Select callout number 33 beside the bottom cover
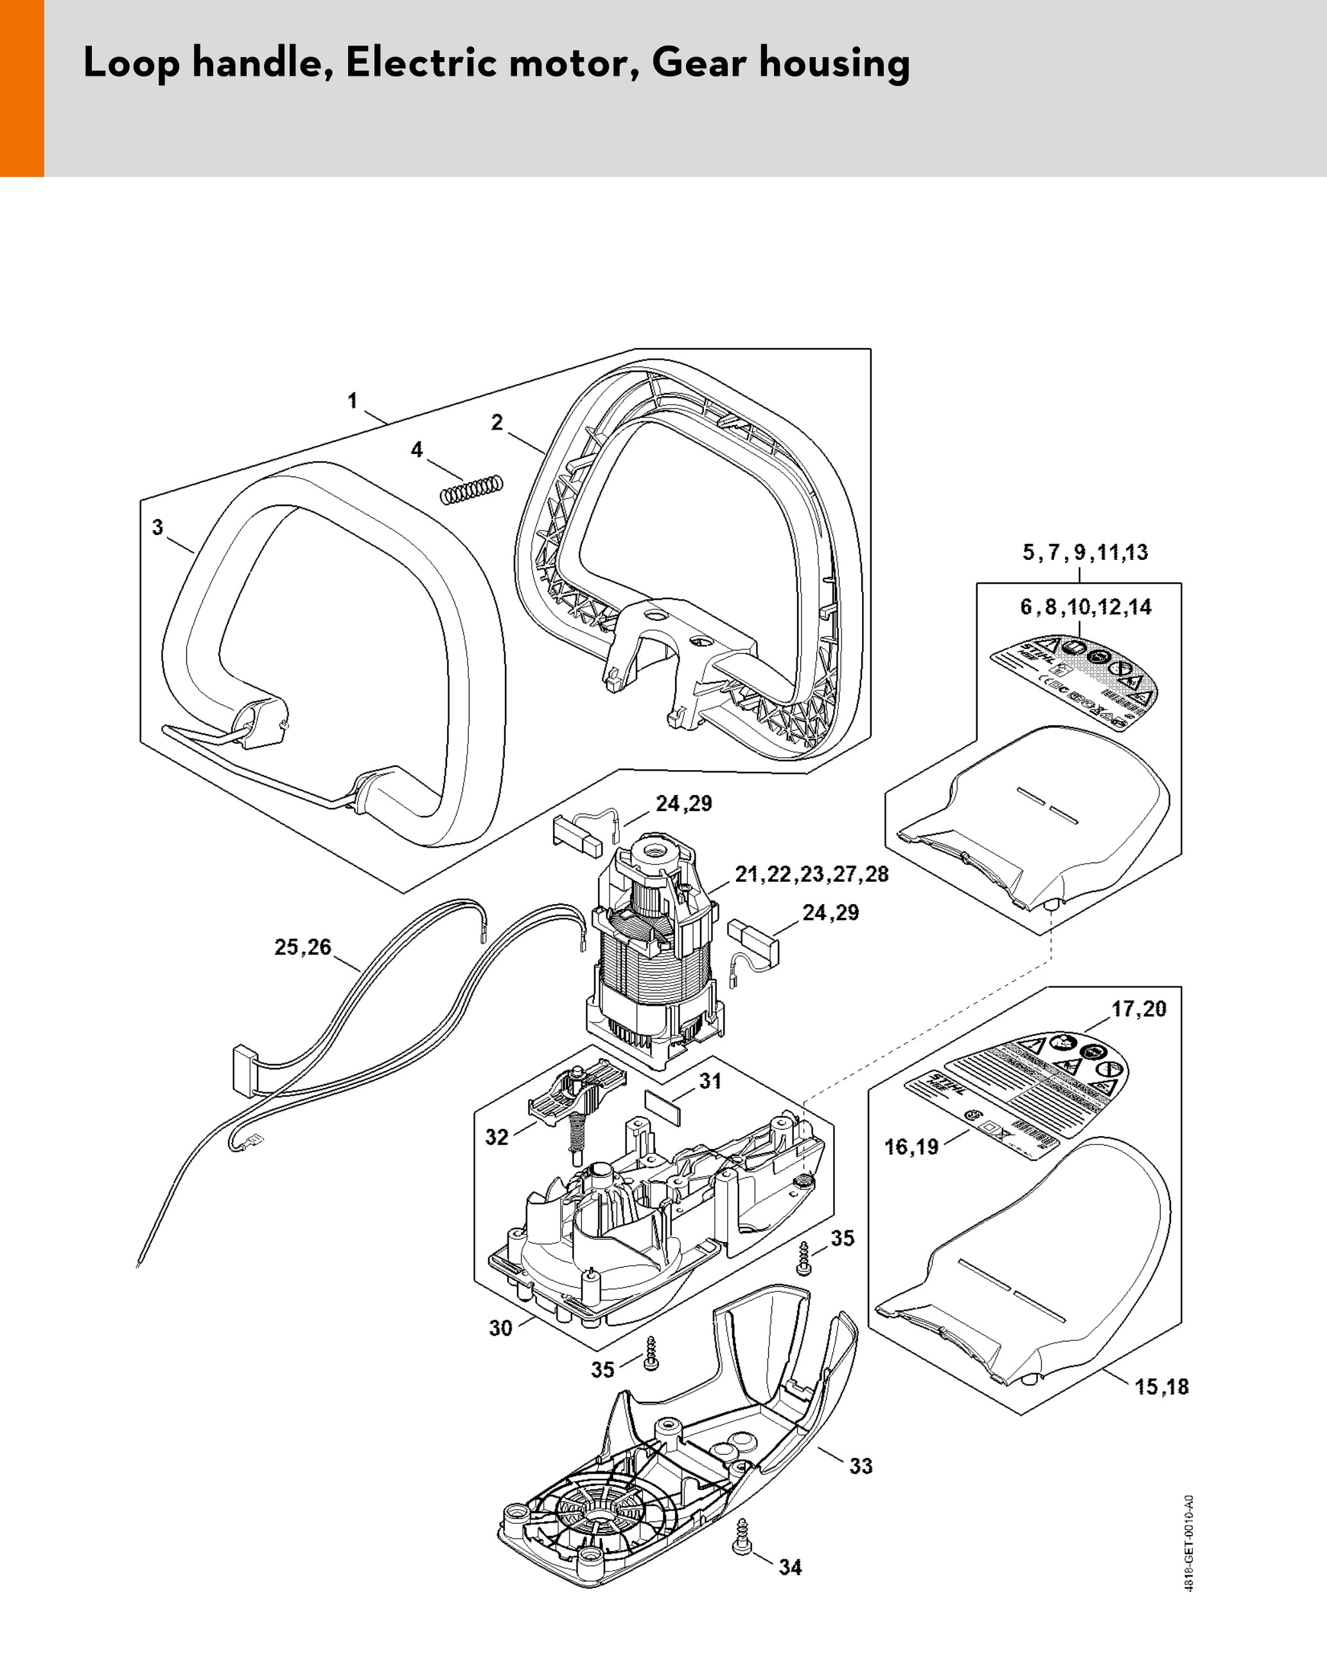pyautogui.click(x=861, y=1466)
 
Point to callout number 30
pyautogui.click(x=500, y=1328)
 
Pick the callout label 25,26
pyautogui.click(x=303, y=947)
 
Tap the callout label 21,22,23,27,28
pyautogui.click(x=811, y=874)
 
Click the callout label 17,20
pyautogui.click(x=1139, y=1008)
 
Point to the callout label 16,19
pyautogui.click(x=911, y=1147)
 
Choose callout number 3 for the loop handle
pyautogui.click(x=157, y=527)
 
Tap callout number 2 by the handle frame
pyautogui.click(x=497, y=422)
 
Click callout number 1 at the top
pyautogui.click(x=353, y=400)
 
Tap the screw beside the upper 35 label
pyautogui.click(x=804, y=1259)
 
